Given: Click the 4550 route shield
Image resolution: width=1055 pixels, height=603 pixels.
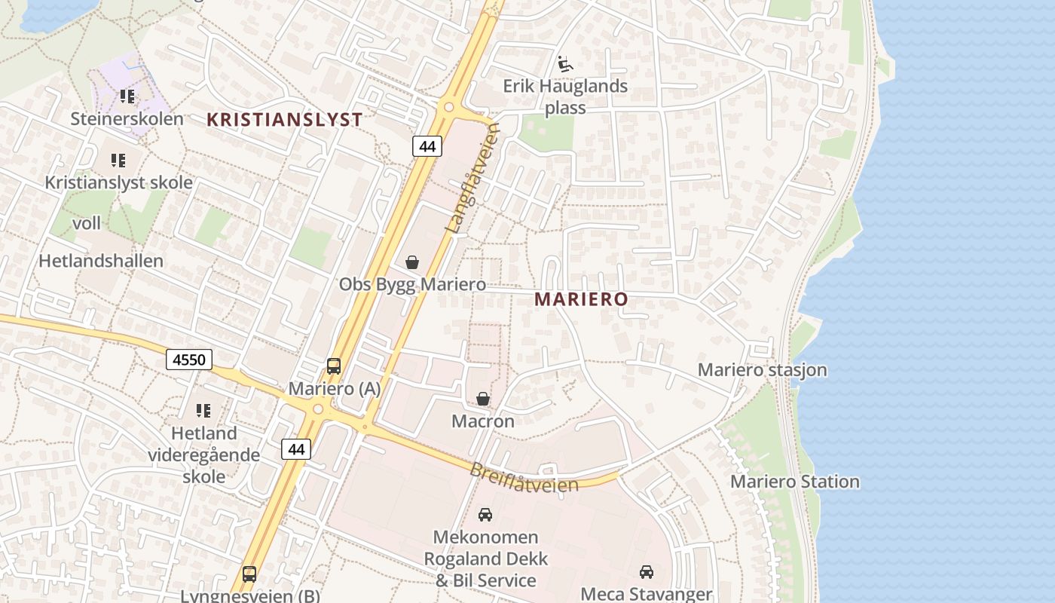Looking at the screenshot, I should coord(188,360).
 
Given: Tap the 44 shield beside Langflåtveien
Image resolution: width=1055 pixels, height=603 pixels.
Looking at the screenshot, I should coord(427,146).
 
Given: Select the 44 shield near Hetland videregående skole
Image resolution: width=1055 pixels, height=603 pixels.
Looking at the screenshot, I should coord(296,449).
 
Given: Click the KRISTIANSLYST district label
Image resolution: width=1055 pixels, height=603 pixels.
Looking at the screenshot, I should coord(285,119).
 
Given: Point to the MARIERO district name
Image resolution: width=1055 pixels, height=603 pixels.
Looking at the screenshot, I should coord(581,299).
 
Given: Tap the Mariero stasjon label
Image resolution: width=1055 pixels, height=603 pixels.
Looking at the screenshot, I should coord(762,370).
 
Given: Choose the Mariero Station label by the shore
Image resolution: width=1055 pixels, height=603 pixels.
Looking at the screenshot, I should coord(795,482).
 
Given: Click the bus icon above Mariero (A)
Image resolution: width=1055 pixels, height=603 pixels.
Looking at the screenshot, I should coord(334,366).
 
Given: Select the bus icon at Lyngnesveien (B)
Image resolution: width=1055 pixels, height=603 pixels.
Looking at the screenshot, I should coord(249,574).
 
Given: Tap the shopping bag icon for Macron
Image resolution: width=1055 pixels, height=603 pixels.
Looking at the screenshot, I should coord(483,399).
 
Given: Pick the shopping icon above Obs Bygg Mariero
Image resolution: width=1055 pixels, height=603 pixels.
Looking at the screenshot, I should coord(412,262).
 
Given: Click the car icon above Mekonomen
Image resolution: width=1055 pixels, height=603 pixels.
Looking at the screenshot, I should coord(485,515).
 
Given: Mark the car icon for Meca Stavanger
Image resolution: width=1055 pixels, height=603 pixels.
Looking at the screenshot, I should coord(647,571).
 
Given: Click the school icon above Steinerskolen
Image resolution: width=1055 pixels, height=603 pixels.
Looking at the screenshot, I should coord(127,96).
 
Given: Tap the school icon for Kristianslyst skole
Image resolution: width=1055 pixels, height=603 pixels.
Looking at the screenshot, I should coord(118,160).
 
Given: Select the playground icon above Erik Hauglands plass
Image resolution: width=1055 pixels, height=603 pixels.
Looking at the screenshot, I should coord(564,63).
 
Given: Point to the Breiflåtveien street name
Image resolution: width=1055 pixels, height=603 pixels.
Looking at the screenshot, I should coord(524,478).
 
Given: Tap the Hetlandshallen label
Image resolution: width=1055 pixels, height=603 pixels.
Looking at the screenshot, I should coord(101,262).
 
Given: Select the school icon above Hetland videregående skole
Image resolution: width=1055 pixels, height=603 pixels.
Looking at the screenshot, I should coord(203,411).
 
